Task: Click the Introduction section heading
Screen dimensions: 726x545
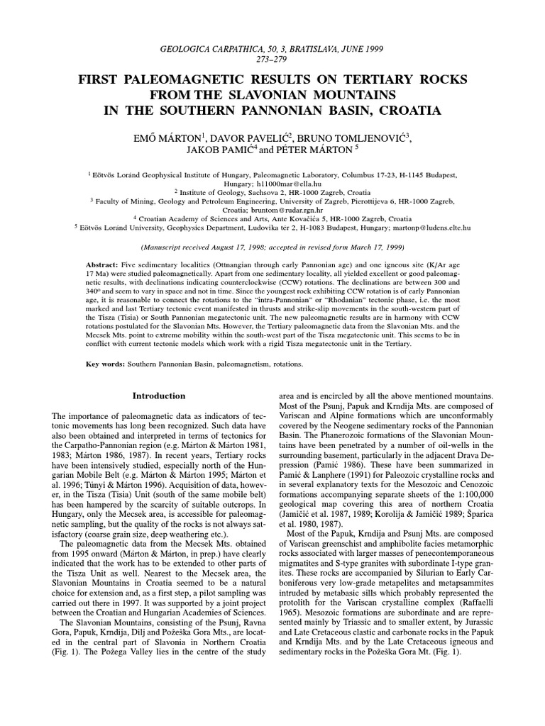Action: coord(158,396)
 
